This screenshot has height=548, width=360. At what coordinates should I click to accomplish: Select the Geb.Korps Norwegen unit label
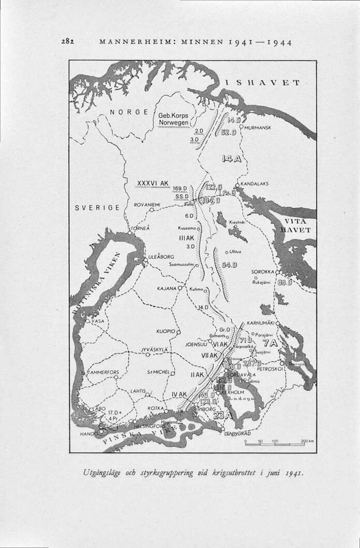(175, 120)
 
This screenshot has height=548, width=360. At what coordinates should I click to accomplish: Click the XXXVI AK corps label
(152, 184)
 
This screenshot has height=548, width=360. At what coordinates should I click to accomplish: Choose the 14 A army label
(231, 158)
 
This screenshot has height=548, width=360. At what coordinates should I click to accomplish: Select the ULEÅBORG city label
(161, 257)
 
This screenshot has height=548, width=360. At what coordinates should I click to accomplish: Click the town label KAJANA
(166, 288)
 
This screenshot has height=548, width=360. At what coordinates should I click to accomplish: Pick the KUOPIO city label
(165, 330)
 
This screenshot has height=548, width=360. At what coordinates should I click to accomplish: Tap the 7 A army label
(270, 343)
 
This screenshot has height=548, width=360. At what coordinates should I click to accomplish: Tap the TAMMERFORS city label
(104, 372)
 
